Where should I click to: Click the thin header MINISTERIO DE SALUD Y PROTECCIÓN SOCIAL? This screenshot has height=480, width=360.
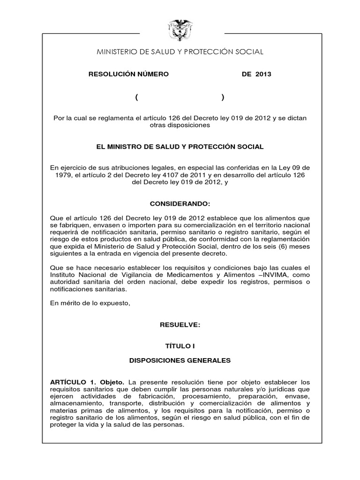click(x=180, y=52)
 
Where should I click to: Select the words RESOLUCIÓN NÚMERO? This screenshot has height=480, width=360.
click(x=128, y=74)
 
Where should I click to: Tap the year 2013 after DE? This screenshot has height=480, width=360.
click(x=263, y=74)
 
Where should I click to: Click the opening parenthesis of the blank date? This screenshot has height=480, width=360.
click(x=136, y=97)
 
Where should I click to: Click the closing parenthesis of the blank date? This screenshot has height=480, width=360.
click(x=223, y=97)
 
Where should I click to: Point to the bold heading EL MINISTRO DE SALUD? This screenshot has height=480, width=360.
click(x=180, y=147)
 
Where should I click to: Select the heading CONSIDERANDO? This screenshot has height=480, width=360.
click(x=180, y=204)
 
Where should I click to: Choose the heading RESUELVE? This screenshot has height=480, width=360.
click(x=180, y=325)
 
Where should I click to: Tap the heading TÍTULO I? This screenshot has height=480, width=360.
click(x=180, y=346)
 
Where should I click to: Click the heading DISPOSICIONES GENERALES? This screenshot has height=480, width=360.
click(x=180, y=360)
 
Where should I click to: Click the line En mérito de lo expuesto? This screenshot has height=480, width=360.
click(x=89, y=303)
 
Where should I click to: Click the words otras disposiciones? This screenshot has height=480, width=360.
click(x=180, y=126)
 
